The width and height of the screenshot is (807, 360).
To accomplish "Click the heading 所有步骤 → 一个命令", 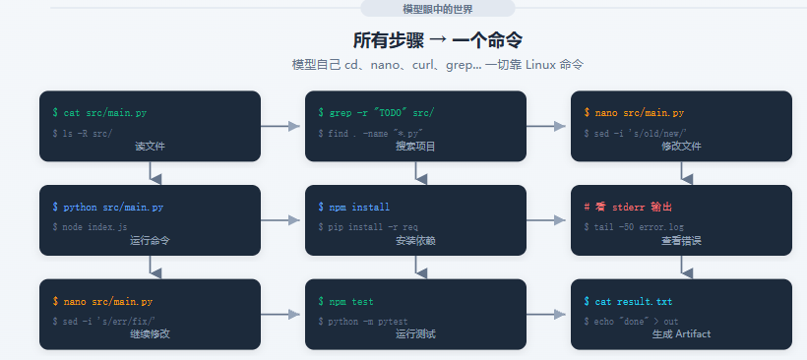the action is pyautogui.click(x=438, y=40).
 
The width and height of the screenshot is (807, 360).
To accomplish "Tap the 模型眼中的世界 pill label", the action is pyautogui.click(x=438, y=9).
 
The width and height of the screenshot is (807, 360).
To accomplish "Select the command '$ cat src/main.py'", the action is pyautogui.click(x=99, y=113).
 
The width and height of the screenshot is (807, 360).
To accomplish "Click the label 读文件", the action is pyautogui.click(x=150, y=147).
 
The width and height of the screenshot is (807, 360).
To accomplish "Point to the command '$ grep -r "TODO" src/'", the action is pyautogui.click(x=376, y=113).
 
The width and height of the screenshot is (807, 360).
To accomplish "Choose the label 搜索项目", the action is pyautogui.click(x=415, y=147).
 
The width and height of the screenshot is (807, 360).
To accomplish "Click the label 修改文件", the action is pyautogui.click(x=681, y=147).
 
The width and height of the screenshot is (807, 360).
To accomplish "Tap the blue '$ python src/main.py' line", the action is pyautogui.click(x=108, y=208).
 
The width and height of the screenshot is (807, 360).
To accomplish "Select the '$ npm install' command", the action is pyautogui.click(x=354, y=208).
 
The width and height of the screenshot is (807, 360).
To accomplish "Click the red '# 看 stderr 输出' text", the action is pyautogui.click(x=628, y=208).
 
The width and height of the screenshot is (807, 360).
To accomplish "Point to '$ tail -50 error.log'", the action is pyautogui.click(x=634, y=227).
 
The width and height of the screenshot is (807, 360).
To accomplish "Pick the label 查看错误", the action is pyautogui.click(x=681, y=241).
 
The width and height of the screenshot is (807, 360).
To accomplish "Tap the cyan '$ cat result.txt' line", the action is pyautogui.click(x=628, y=301).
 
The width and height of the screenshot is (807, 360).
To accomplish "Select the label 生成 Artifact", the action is pyautogui.click(x=681, y=334).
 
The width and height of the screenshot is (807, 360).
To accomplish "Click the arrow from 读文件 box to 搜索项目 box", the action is pyautogui.click(x=280, y=126).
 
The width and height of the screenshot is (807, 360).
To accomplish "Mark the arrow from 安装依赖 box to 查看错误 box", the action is pyautogui.click(x=546, y=220).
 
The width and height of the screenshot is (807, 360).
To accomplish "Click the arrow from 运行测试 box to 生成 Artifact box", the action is pyautogui.click(x=546, y=314).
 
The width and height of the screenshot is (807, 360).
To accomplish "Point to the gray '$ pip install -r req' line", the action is pyautogui.click(x=368, y=227).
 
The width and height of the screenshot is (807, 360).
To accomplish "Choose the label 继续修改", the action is pyautogui.click(x=150, y=334).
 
